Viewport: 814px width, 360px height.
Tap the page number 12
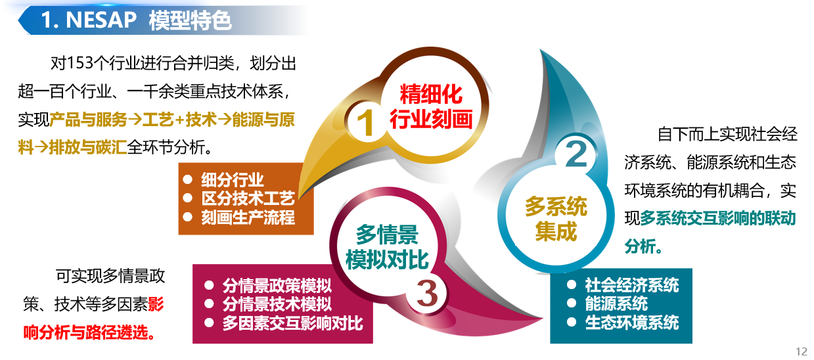coord(801,351)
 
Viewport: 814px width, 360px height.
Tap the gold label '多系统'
coord(556,208)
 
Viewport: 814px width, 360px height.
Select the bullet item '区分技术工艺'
coord(248,198)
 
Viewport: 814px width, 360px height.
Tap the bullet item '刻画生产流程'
coord(248,217)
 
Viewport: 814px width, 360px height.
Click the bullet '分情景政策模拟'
coord(277,286)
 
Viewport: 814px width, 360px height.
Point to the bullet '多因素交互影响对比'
coord(292,323)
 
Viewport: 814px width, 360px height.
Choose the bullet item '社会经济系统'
coord(631,285)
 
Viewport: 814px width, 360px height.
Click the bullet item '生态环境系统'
coord(631,323)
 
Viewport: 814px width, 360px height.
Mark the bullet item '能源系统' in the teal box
coord(616,304)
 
